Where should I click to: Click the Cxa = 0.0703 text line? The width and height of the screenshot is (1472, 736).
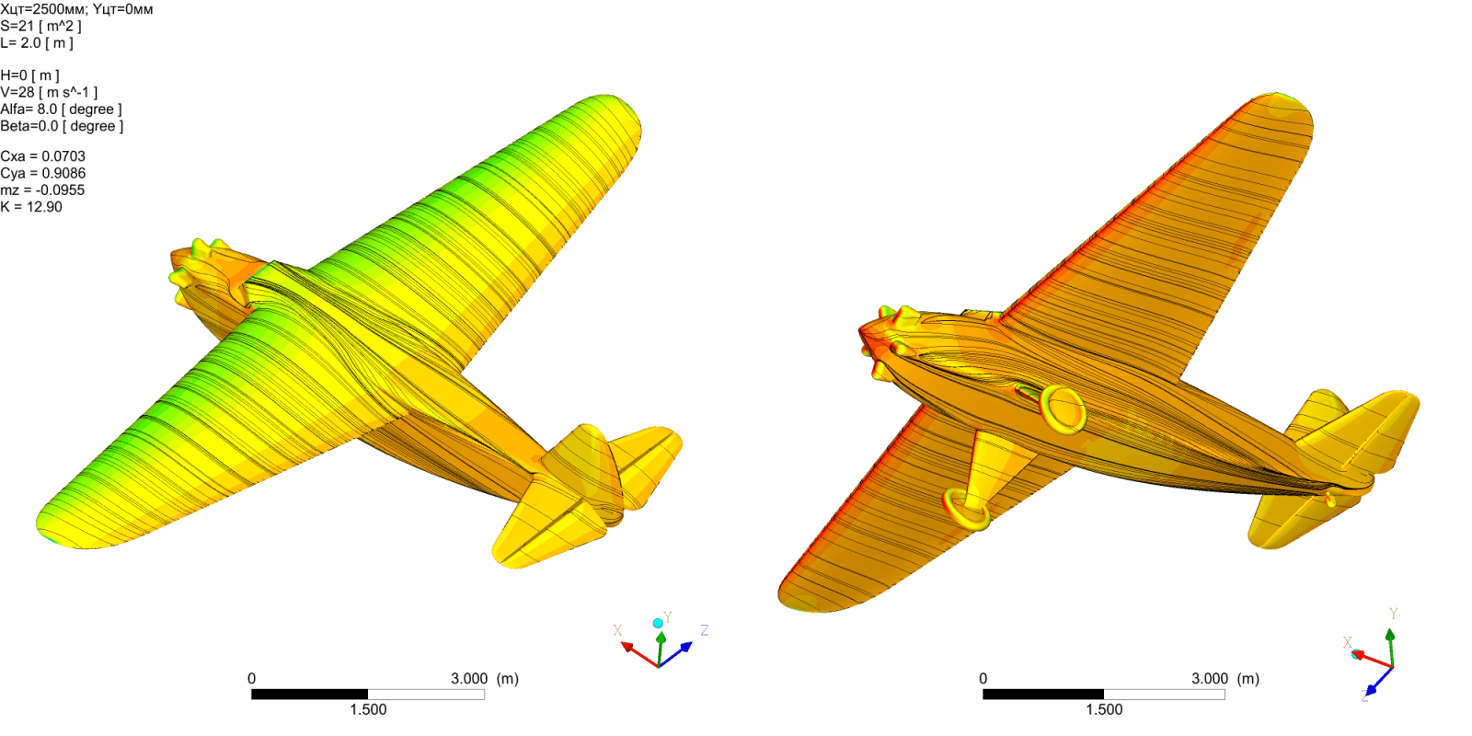(42, 156)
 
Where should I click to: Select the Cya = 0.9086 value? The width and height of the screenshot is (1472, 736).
(42, 174)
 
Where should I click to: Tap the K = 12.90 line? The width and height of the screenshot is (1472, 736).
(31, 207)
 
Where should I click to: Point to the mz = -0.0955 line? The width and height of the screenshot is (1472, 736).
(42, 190)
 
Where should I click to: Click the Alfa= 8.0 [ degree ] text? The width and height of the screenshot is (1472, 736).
(61, 109)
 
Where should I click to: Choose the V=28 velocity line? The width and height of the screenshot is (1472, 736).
(50, 93)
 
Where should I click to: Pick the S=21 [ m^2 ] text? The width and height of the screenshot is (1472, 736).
(40, 27)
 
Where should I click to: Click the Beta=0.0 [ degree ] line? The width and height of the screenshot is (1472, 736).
(62, 126)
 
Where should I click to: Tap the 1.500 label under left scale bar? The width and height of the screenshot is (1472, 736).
(368, 709)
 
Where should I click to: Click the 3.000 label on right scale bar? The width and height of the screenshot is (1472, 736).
(1210, 679)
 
